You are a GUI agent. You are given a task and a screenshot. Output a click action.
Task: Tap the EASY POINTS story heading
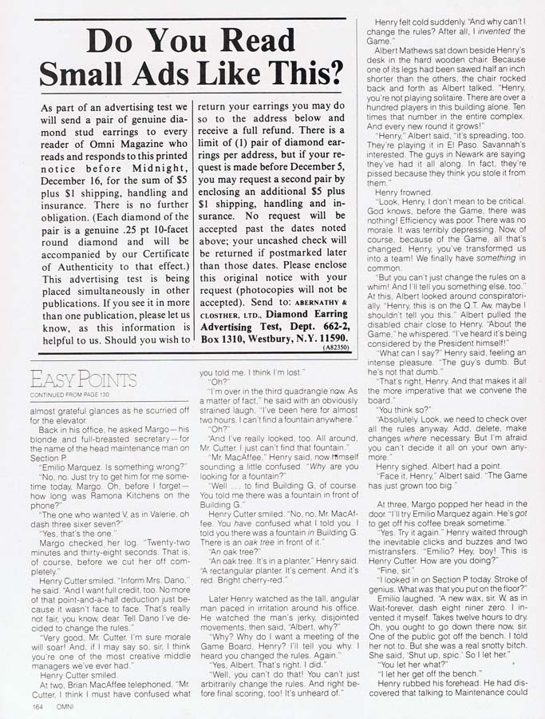coord(82,379)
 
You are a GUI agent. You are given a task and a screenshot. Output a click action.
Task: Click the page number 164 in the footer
coord(38,705)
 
